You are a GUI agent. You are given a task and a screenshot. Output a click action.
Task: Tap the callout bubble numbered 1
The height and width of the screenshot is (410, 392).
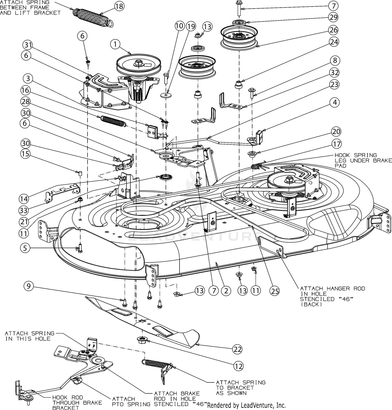pos(115,44)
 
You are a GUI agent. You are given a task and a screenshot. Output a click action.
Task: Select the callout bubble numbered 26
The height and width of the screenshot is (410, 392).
pos(334,30)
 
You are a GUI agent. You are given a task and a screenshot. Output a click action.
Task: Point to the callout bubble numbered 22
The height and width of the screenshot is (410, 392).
pos(237,349)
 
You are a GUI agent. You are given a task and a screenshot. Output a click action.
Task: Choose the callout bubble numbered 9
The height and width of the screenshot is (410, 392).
pos(28,286)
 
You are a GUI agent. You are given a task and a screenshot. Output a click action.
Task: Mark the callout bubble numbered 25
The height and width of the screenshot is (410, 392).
pos(275,290)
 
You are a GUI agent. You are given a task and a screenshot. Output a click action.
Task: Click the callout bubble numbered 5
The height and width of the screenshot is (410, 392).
pos(25,248)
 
